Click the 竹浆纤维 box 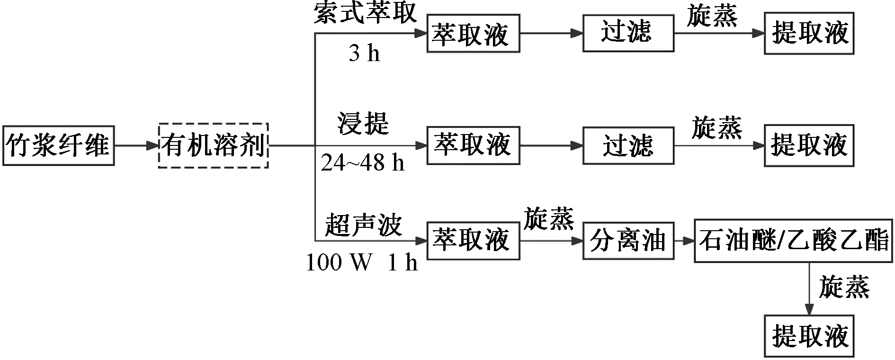[58, 145]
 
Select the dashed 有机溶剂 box [214, 145]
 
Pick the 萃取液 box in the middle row [473, 145]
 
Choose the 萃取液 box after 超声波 [473, 240]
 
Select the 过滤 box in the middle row [628, 145]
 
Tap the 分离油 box [628, 240]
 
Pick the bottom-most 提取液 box [809, 336]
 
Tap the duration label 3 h [365, 54]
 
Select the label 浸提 [363, 123]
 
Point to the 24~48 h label [363, 163]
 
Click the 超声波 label [363, 225]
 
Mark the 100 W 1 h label [362, 262]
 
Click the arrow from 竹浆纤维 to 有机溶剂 [136, 146]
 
